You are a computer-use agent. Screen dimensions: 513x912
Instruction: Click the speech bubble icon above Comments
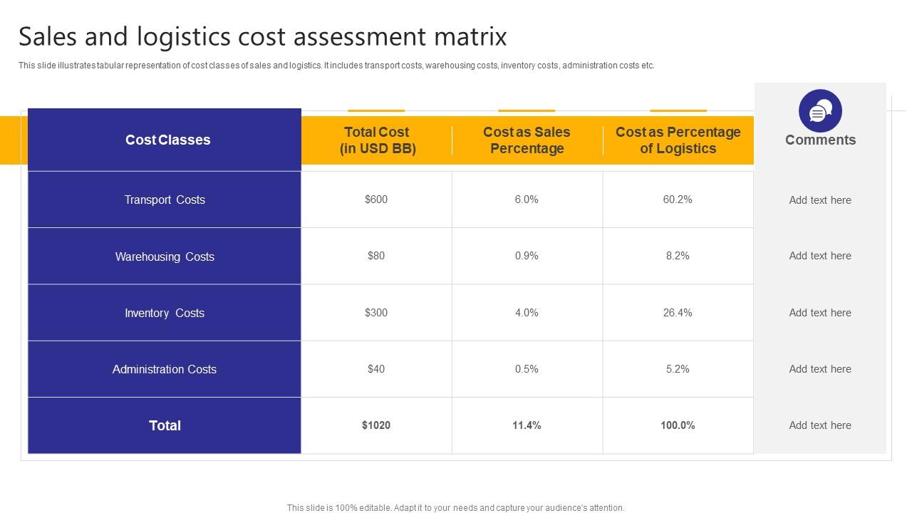pos(820,111)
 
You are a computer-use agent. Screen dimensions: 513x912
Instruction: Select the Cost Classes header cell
pos(167,140)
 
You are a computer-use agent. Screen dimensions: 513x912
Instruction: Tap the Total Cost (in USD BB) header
pos(376,140)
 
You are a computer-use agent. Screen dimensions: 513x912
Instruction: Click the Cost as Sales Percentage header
pos(527,140)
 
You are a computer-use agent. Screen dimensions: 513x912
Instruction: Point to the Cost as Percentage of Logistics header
pos(678,140)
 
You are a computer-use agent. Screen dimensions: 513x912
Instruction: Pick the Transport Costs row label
pos(165,200)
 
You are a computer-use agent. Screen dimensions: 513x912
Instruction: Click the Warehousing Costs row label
pos(165,256)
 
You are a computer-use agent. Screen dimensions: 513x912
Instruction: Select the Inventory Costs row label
pos(165,313)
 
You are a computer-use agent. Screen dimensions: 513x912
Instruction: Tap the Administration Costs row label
pos(165,369)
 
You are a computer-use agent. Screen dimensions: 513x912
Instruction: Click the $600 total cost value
pos(376,199)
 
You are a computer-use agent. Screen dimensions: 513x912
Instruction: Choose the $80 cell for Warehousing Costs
pos(376,256)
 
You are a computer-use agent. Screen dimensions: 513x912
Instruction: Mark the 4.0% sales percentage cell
pos(527,312)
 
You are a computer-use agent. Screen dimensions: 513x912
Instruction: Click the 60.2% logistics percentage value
pos(678,199)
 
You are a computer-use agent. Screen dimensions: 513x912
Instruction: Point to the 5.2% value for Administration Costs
pos(678,369)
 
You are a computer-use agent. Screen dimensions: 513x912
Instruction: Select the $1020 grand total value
pos(376,425)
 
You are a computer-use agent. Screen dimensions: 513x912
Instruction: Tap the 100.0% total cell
pos(678,425)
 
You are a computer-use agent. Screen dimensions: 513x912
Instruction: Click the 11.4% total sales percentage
pos(527,425)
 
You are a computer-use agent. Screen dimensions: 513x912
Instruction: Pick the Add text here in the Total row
pos(820,425)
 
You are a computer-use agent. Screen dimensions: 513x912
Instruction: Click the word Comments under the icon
pos(820,140)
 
